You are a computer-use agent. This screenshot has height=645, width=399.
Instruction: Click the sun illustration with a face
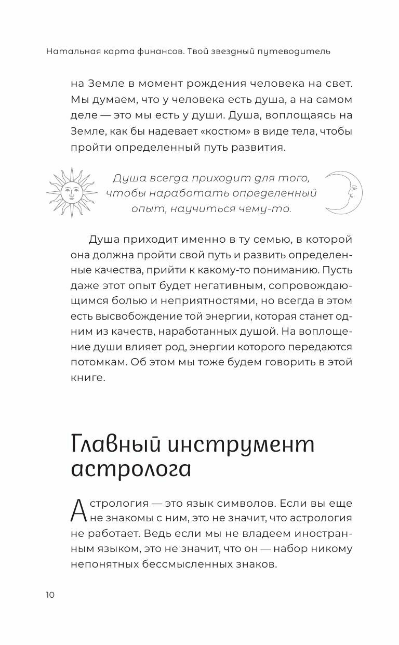pos(72,192)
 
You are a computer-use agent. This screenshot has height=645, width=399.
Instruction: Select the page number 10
pos(50,595)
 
